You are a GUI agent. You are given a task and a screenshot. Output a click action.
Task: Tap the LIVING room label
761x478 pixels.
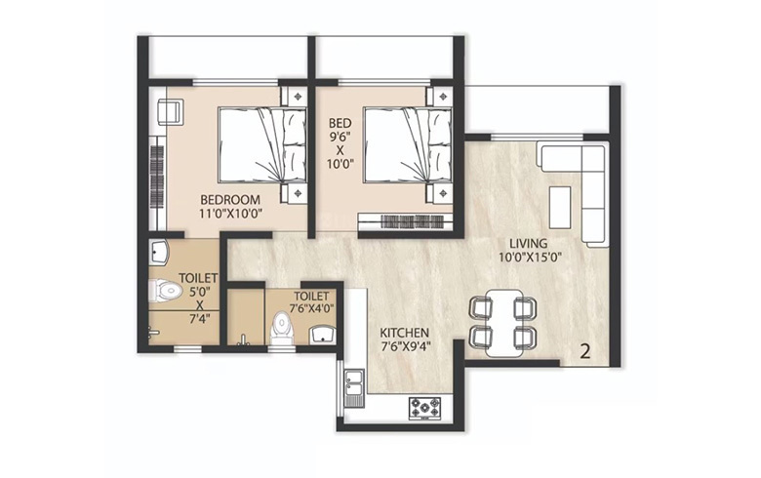tap(527, 243)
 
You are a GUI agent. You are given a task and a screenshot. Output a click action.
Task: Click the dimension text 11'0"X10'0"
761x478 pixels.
tap(232, 217)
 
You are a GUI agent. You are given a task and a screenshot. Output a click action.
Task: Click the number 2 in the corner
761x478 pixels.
tap(585, 352)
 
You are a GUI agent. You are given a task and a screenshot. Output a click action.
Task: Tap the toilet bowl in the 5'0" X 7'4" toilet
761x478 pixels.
tap(168, 290)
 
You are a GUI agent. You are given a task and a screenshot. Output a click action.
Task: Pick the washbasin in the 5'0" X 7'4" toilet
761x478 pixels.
tap(161, 252)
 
